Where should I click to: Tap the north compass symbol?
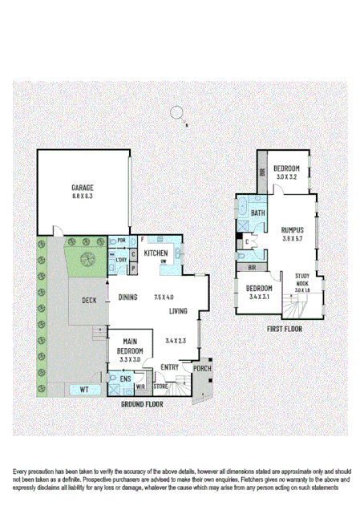click(180, 114)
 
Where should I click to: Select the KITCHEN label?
click(156, 253)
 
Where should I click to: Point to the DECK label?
click(89, 301)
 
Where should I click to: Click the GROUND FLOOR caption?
click(142, 404)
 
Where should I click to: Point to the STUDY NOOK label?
click(302, 279)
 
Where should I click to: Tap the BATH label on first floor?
click(257, 213)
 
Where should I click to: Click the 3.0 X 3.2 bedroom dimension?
click(286, 176)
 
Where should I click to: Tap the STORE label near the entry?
click(160, 387)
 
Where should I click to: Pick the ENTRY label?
click(169, 366)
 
